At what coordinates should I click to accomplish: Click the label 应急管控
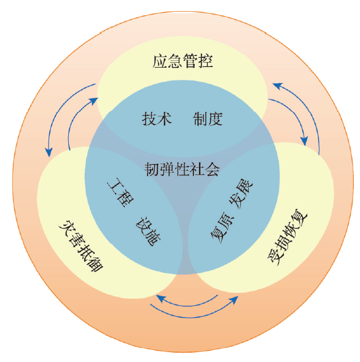pyautogui.click(x=182, y=61)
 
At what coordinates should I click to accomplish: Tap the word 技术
pyautogui.click(x=157, y=119)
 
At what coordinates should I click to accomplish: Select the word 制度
pyautogui.click(x=208, y=119)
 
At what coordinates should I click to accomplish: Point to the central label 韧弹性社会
pyautogui.click(x=182, y=169)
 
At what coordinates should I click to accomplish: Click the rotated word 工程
pyautogui.click(x=120, y=192)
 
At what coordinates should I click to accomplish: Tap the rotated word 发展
pyautogui.click(x=241, y=194)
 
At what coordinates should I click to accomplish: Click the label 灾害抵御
pyautogui.click(x=80, y=245)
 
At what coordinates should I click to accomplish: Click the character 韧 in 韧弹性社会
pyautogui.click(x=152, y=169)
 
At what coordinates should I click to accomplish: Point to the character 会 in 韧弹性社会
pyautogui.click(x=213, y=169)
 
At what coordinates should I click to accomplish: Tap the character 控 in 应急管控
pyautogui.click(x=205, y=61)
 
